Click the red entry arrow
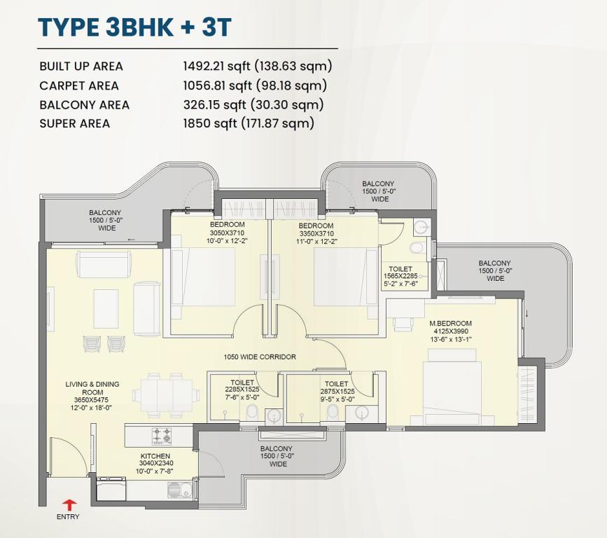pos(70,504)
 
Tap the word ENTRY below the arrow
pos(68,517)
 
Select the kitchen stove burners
pos(162,435)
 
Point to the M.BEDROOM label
pos(450,324)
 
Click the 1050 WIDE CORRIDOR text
pos(260,357)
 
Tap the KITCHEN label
pos(155,456)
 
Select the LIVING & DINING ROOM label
pos(92,388)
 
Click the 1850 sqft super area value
pos(210,123)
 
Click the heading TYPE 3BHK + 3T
pos(134,27)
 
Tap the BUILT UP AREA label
pos(81,67)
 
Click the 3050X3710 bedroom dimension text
pos(228,233)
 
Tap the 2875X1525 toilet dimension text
pos(337,392)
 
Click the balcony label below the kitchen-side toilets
pos(277,456)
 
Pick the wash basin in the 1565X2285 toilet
pos(421,228)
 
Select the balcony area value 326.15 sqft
pos(214,104)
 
